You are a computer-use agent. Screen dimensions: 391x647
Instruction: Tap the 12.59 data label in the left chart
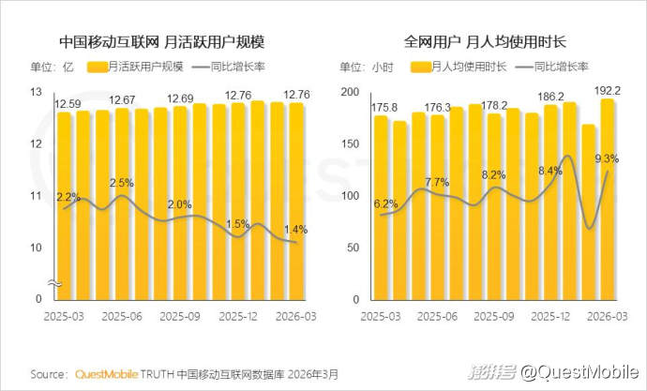68,102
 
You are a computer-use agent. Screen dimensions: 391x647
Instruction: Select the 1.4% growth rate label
294,228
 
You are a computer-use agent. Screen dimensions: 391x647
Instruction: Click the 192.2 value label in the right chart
605,91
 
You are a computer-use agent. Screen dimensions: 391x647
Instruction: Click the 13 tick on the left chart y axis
38,92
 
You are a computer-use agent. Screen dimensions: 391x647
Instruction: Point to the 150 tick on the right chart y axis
352,144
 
